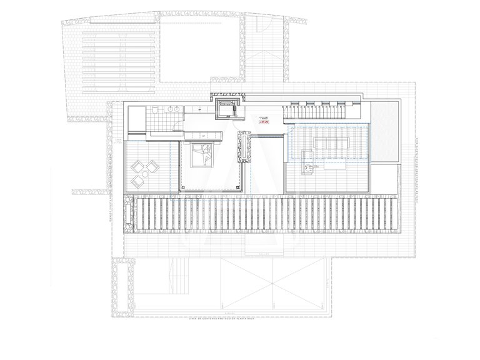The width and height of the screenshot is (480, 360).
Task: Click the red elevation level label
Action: pyautogui.click(x=264, y=122)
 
